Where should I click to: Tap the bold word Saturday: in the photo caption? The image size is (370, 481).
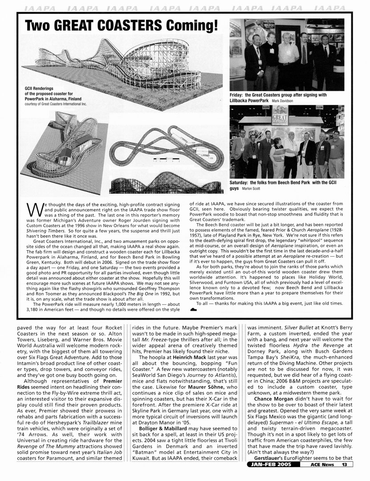(x=241, y=183)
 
